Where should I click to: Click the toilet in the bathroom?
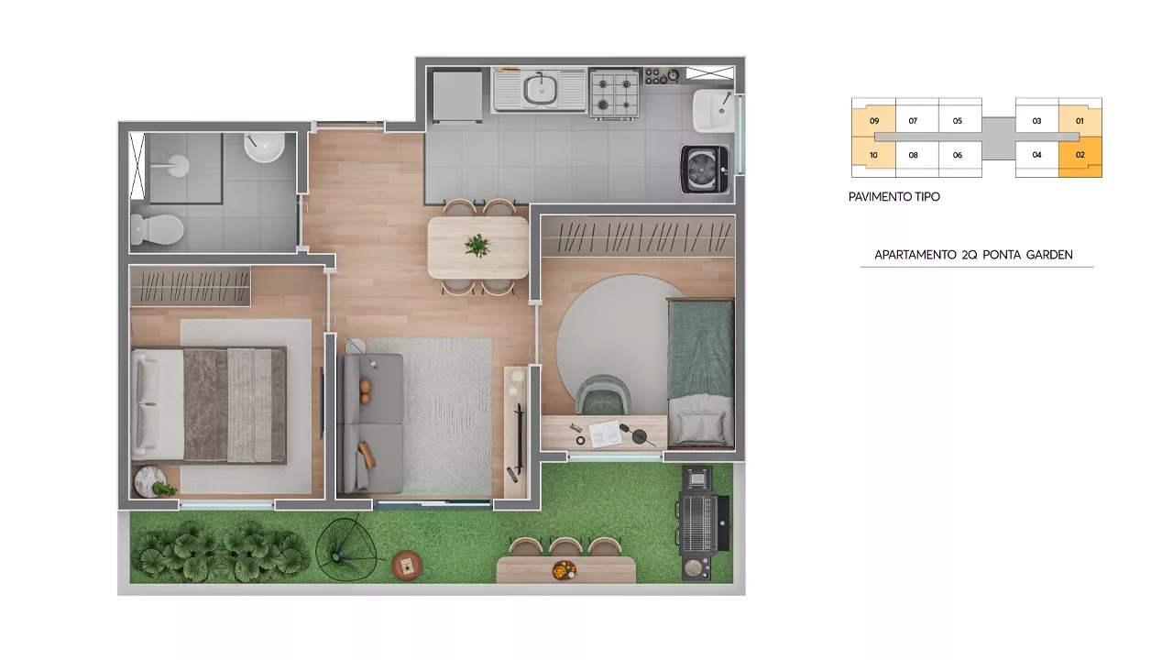157,229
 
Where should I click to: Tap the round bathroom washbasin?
265,148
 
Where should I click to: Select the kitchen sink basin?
541,90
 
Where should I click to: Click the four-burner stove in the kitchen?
615,94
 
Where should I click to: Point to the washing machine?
705,170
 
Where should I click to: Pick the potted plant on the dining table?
477,245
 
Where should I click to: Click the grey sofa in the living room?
371,423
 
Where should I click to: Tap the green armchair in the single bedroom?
603,395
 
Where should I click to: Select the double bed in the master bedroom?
209,405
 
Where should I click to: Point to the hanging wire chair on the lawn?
346,548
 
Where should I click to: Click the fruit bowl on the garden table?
565,570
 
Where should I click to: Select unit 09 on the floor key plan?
873,121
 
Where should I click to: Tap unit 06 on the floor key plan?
958,155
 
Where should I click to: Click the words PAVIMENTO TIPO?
893,197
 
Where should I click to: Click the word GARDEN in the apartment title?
1049,255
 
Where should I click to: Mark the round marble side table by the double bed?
150,481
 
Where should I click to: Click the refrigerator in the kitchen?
457,98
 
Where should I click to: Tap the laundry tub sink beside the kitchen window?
713,111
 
